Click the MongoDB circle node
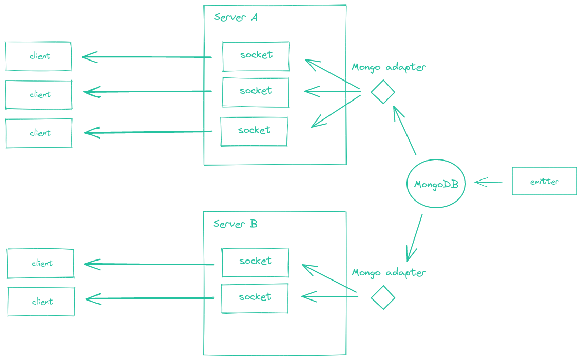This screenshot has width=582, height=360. (x=436, y=184)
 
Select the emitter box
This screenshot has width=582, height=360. (x=544, y=182)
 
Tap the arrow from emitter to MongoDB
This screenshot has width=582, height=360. (x=489, y=182)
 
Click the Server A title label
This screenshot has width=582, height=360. (x=236, y=17)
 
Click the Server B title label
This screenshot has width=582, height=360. (x=235, y=224)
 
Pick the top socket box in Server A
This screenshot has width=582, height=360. (x=256, y=56)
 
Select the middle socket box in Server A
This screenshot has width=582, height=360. (x=255, y=92)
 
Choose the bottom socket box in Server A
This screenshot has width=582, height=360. (x=254, y=131)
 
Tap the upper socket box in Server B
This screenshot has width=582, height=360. (x=255, y=262)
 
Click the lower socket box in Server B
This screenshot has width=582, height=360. (x=255, y=298)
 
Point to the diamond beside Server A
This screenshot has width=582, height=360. (x=382, y=92)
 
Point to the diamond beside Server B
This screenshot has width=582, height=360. (x=383, y=297)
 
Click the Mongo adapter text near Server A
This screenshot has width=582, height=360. (x=389, y=67)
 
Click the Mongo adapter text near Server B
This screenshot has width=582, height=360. (x=389, y=273)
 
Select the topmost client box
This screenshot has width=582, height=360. (x=38, y=56)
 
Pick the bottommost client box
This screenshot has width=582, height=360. (x=41, y=302)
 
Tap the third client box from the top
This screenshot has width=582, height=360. (x=39, y=133)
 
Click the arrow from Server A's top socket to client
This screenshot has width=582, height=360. (x=147, y=57)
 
